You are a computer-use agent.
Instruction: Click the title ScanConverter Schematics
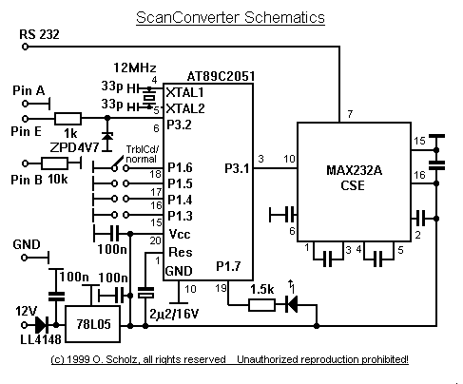coord(230,17)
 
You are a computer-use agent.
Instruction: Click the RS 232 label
coord(39,34)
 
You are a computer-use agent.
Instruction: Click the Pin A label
coord(29,89)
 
